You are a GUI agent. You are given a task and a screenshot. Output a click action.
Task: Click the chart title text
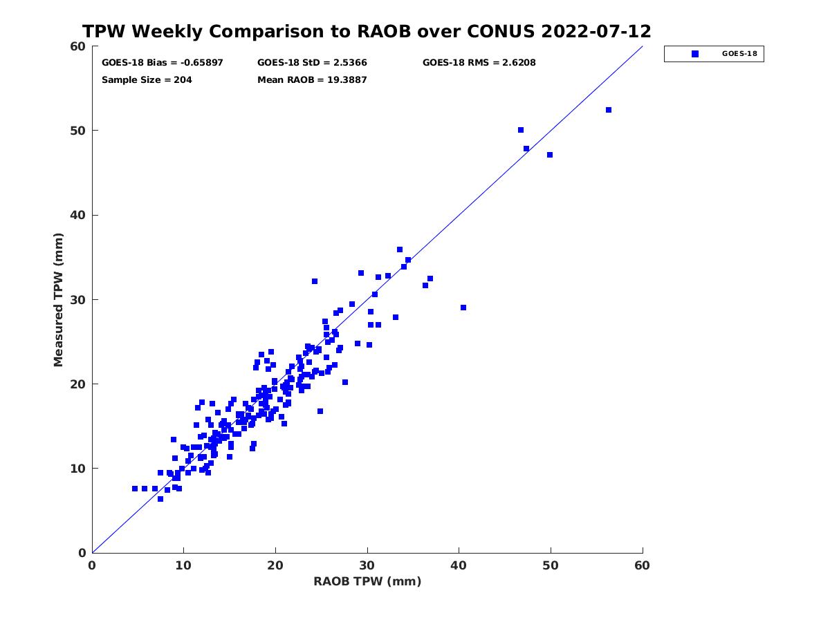click(x=367, y=31)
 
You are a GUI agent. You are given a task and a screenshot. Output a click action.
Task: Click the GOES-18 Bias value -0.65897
click(x=201, y=63)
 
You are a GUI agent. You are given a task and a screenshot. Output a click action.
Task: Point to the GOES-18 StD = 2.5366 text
click(x=312, y=63)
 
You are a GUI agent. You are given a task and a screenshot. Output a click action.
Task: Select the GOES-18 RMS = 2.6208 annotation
click(x=479, y=63)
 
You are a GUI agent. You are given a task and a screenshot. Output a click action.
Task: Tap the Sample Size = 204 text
click(x=147, y=80)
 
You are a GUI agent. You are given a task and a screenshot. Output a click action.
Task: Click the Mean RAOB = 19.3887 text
click(x=312, y=80)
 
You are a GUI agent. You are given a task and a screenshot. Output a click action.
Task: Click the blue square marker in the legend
click(x=694, y=54)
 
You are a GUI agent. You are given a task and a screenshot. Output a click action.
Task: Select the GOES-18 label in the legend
click(x=739, y=54)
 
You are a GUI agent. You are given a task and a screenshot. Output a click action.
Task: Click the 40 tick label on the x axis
click(x=459, y=565)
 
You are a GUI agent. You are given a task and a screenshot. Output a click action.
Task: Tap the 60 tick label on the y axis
click(x=78, y=46)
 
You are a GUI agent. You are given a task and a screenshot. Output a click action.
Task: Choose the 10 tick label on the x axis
click(x=183, y=565)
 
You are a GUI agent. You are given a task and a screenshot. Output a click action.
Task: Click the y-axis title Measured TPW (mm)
click(x=58, y=300)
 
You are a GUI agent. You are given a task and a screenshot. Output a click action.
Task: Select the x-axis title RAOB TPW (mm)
click(x=367, y=581)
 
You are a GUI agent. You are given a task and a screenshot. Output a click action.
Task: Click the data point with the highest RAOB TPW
click(x=609, y=110)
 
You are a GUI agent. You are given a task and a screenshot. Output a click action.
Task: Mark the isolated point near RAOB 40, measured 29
click(x=463, y=308)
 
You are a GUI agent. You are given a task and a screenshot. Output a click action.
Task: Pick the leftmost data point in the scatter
click(x=135, y=489)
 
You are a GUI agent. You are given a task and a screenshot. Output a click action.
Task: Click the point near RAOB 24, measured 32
click(x=315, y=281)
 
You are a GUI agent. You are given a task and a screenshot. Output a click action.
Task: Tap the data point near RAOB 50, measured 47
click(x=550, y=155)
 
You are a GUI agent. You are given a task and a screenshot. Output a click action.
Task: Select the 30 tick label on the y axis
click(x=78, y=300)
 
